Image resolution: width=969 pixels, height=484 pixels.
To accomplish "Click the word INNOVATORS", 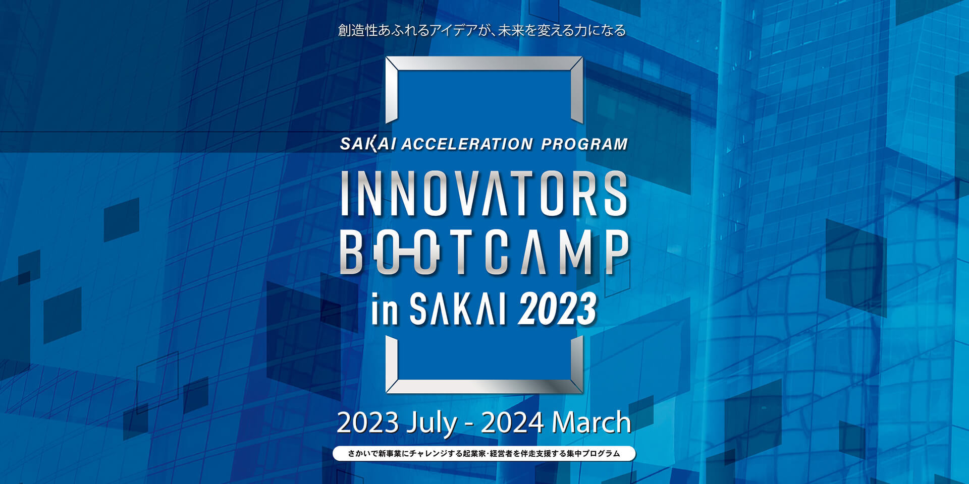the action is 484,194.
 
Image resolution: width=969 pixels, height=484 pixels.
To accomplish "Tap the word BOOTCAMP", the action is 484,252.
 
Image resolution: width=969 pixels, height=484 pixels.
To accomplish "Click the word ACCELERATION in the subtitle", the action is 467,144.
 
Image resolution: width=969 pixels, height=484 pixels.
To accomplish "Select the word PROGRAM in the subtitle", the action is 584,144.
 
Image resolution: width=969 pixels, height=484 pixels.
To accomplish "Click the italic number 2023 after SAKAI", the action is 557,309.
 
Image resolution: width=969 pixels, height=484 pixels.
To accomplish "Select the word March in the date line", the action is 591,422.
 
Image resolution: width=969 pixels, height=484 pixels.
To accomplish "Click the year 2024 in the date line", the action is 512,422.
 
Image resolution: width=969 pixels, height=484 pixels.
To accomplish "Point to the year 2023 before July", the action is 368,422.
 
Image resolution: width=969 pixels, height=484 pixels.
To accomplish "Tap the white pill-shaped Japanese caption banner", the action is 484,453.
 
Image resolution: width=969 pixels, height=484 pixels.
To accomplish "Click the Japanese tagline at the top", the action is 482,31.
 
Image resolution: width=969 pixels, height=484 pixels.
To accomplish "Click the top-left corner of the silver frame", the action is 387,57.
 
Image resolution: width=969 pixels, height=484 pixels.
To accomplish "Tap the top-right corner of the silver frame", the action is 582,57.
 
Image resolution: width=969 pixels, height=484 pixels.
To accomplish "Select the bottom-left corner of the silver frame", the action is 387,392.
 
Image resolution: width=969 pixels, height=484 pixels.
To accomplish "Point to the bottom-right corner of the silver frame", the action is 582,392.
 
